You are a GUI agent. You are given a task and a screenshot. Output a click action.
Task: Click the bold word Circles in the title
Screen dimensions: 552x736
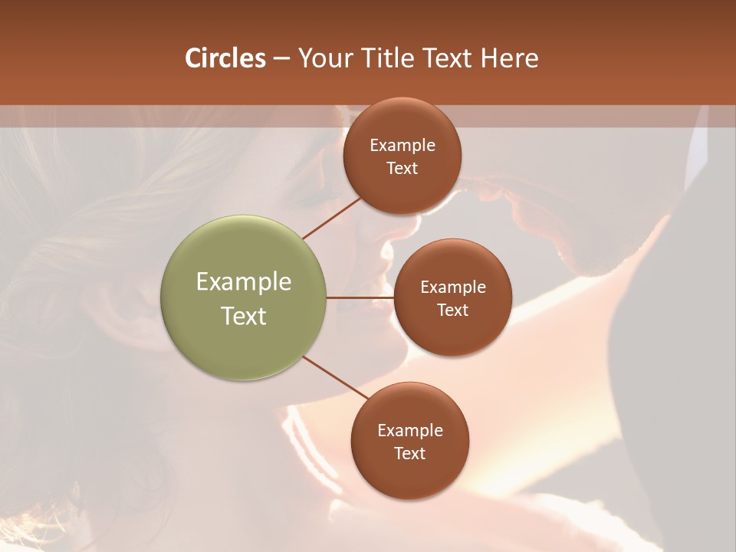coord(225,58)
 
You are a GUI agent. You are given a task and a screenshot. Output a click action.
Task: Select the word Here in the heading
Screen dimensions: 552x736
coord(510,58)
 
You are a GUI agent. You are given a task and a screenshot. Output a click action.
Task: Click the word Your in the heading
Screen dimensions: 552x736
coord(325,58)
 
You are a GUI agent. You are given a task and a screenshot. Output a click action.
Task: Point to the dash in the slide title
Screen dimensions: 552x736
coord(281,59)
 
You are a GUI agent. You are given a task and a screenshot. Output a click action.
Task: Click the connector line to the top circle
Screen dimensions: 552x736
coord(333,218)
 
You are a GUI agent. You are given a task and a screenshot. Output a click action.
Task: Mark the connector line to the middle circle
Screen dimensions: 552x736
coord(360,297)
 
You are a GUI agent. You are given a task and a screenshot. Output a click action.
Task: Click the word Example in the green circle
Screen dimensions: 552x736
coord(244,282)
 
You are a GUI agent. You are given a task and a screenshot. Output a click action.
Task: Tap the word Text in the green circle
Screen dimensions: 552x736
coord(244,316)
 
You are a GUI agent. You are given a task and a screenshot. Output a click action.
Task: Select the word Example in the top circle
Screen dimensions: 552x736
coord(402,146)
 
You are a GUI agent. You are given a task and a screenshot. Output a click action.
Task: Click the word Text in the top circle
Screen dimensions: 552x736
coord(402,169)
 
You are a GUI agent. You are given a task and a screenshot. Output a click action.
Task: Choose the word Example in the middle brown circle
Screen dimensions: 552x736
coord(453,287)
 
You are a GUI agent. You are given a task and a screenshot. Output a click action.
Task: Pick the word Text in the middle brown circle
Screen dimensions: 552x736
coord(453,310)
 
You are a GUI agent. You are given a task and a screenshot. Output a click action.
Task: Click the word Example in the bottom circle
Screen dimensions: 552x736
coord(410,431)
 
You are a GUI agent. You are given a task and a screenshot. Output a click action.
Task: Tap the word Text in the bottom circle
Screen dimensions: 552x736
coord(410,454)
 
